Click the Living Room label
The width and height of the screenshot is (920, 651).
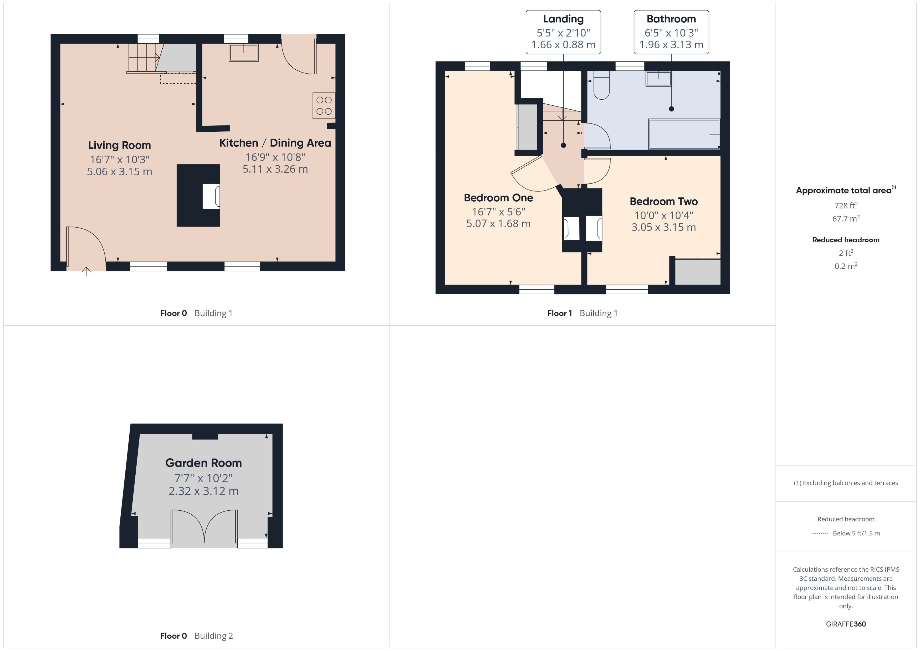[119, 145]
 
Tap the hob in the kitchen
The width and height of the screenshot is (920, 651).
[324, 105]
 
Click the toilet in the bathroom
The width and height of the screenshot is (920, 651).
[601, 85]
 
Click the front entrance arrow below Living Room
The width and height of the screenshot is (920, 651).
[86, 272]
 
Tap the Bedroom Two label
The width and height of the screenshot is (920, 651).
[663, 201]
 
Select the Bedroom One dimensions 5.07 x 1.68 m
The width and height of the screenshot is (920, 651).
[498, 224]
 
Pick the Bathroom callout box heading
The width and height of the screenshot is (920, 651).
[671, 19]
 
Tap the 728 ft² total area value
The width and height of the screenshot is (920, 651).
[845, 205]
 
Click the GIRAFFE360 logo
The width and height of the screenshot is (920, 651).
[845, 624]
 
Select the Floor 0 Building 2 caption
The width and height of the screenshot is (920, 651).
[196, 636]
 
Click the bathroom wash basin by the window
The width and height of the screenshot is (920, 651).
[658, 79]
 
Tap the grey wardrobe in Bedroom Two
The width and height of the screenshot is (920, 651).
[698, 272]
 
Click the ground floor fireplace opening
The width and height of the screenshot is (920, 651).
[211, 196]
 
